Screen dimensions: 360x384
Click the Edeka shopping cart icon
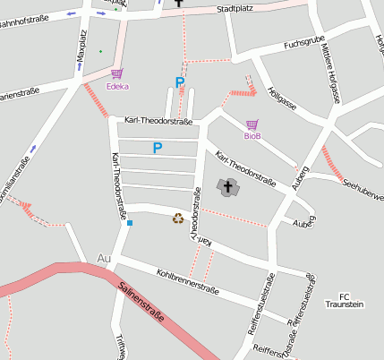[116, 74]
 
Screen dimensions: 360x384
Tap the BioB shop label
[252, 136]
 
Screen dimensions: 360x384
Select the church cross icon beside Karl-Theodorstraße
[227, 187]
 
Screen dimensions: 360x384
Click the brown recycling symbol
[178, 218]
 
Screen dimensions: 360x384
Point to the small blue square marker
[130, 222]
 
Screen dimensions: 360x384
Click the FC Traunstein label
[346, 300]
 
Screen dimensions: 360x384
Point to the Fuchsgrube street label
[303, 42]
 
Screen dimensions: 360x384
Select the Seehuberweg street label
[363, 189]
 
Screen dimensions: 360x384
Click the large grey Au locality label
[103, 259]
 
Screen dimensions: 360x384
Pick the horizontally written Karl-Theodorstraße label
[158, 119]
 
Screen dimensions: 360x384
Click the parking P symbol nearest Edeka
[180, 83]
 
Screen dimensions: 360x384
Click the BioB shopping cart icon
[252, 124]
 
